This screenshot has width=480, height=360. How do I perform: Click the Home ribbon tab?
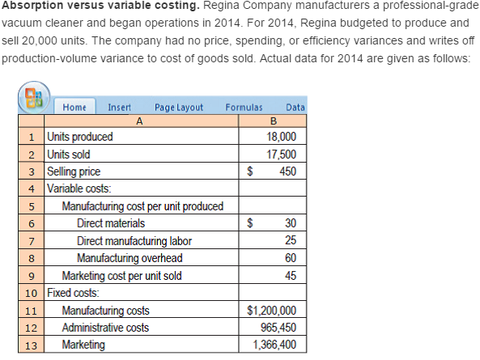pos(74,107)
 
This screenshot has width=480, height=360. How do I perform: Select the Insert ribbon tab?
pos(120,107)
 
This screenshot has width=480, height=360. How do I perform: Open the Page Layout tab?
pos(178,107)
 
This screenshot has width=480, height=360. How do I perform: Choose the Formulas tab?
pos(244,107)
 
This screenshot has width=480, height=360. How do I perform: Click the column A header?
pos(139,121)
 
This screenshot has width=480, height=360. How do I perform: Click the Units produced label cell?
pos(80,136)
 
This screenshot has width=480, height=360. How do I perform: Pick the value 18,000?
pos(282,136)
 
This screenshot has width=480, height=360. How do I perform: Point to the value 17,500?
pos(282,154)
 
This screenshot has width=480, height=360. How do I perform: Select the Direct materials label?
pos(111,223)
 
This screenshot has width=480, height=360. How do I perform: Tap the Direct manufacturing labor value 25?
pos(291,240)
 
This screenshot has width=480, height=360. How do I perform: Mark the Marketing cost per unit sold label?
pos(122,276)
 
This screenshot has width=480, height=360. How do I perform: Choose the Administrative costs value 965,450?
pos(276,328)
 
